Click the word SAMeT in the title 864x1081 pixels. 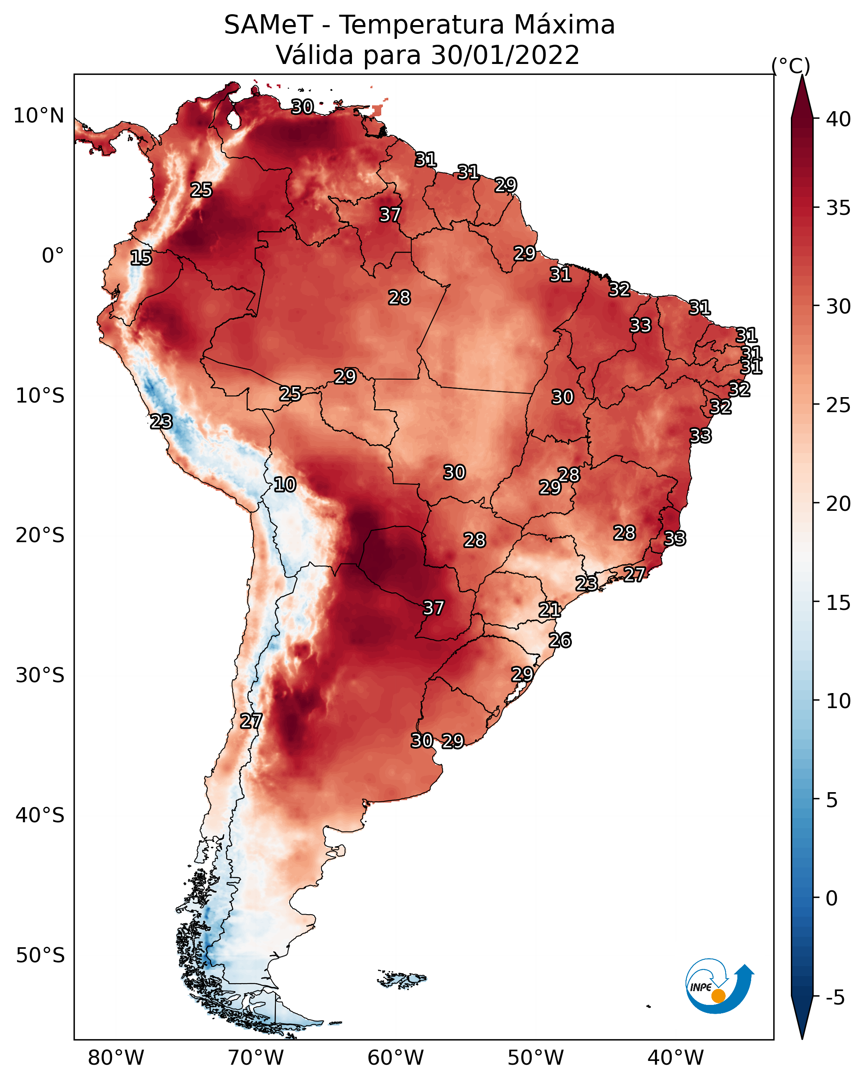point(269,25)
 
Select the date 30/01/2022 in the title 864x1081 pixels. point(505,55)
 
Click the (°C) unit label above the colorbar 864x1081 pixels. point(790,66)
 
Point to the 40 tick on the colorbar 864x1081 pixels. point(839,119)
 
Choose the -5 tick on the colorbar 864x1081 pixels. point(835,997)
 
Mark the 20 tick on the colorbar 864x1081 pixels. point(839,503)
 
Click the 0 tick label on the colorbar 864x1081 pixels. point(832,898)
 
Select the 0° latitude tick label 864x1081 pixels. point(53,255)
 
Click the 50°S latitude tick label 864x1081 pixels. point(40,955)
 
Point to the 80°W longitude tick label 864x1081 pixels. point(116,1058)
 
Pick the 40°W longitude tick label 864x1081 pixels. point(675,1058)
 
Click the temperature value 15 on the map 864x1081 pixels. point(141,258)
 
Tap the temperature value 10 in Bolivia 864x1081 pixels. point(285,484)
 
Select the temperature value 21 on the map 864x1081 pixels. point(550,610)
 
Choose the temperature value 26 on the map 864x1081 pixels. point(560,640)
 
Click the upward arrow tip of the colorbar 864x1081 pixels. point(802,75)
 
